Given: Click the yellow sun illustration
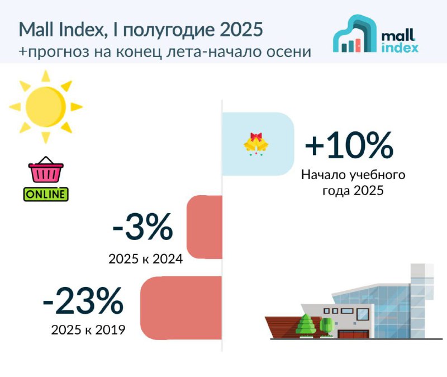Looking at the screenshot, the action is [x=46, y=107].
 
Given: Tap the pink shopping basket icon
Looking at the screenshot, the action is [x=46, y=169].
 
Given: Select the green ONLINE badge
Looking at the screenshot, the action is [x=46, y=194].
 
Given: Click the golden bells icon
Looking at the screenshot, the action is [x=256, y=144].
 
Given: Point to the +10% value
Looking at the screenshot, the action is [x=349, y=145].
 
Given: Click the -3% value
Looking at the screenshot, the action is [x=142, y=227].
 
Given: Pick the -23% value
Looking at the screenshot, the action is [x=83, y=300].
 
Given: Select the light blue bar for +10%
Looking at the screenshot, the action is [x=258, y=144].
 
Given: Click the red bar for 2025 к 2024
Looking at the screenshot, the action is [x=205, y=227].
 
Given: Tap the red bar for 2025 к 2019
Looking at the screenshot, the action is [x=180, y=308].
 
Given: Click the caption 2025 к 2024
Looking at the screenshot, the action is [x=145, y=259].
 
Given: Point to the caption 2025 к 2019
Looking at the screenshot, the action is [x=88, y=330].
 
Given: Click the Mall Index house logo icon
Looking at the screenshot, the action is [x=355, y=34].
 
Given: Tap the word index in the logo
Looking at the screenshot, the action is [x=400, y=48].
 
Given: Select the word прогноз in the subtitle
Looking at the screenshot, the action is [x=59, y=52].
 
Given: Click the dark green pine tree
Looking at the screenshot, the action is [x=306, y=326].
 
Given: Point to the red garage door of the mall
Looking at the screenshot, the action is [x=353, y=334].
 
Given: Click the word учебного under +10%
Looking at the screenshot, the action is [x=377, y=175].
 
